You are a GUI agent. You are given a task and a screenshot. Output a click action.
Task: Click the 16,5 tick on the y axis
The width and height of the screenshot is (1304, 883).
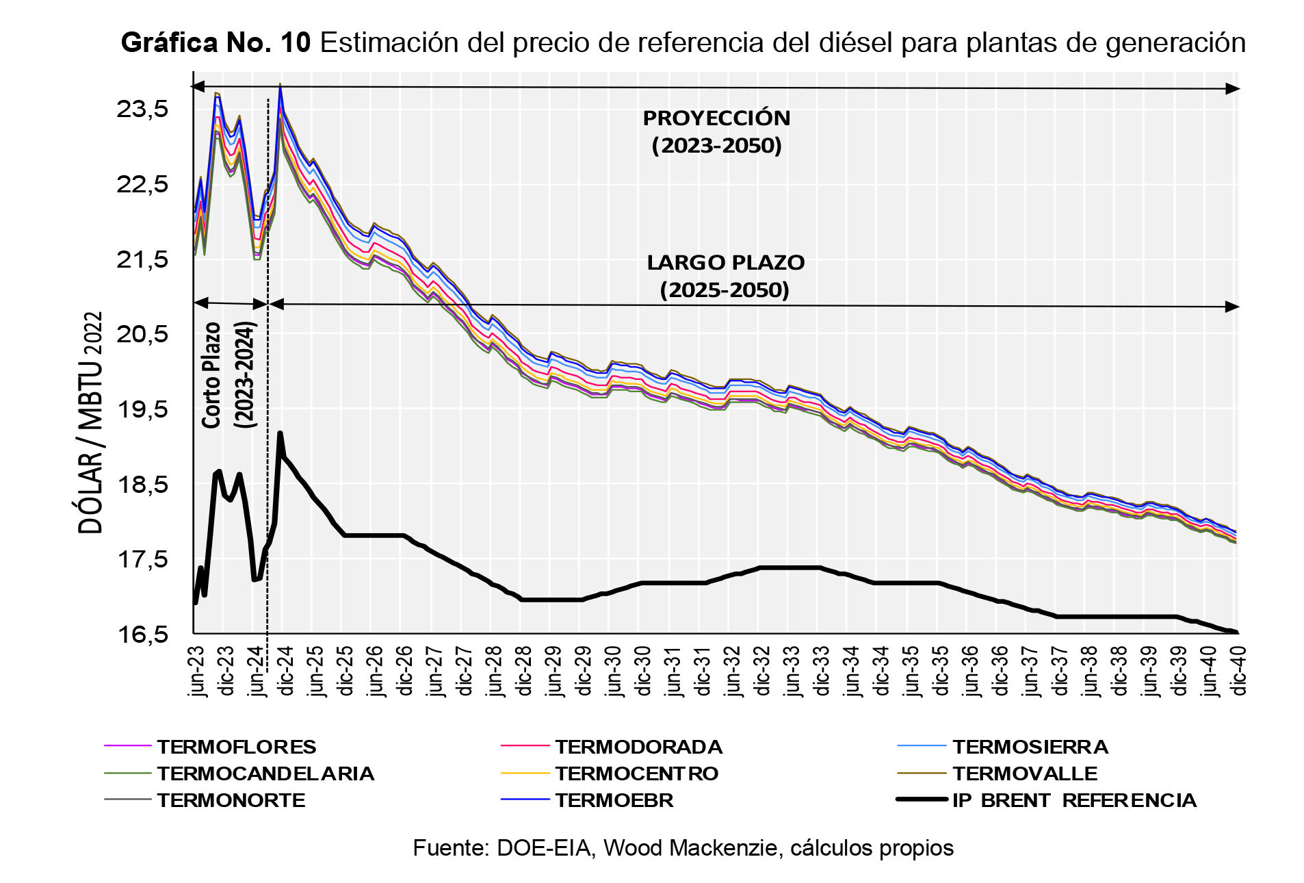coord(142,635)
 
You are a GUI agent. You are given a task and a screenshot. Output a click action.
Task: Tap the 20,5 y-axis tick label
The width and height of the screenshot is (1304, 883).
coord(142,334)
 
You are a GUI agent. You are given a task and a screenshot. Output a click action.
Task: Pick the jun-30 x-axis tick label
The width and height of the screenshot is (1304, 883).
coord(614,671)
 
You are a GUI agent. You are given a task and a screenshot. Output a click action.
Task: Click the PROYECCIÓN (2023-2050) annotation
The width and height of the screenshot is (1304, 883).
coord(716,131)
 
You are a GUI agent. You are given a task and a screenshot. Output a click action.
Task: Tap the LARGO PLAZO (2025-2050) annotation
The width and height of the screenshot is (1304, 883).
coord(725,276)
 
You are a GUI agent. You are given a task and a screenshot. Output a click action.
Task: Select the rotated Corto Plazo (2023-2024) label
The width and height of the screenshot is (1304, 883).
coord(229,375)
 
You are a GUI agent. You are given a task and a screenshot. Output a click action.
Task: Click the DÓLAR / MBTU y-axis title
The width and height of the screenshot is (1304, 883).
coord(90,422)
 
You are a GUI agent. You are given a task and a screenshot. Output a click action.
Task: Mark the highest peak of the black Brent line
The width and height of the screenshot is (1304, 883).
coord(280,433)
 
